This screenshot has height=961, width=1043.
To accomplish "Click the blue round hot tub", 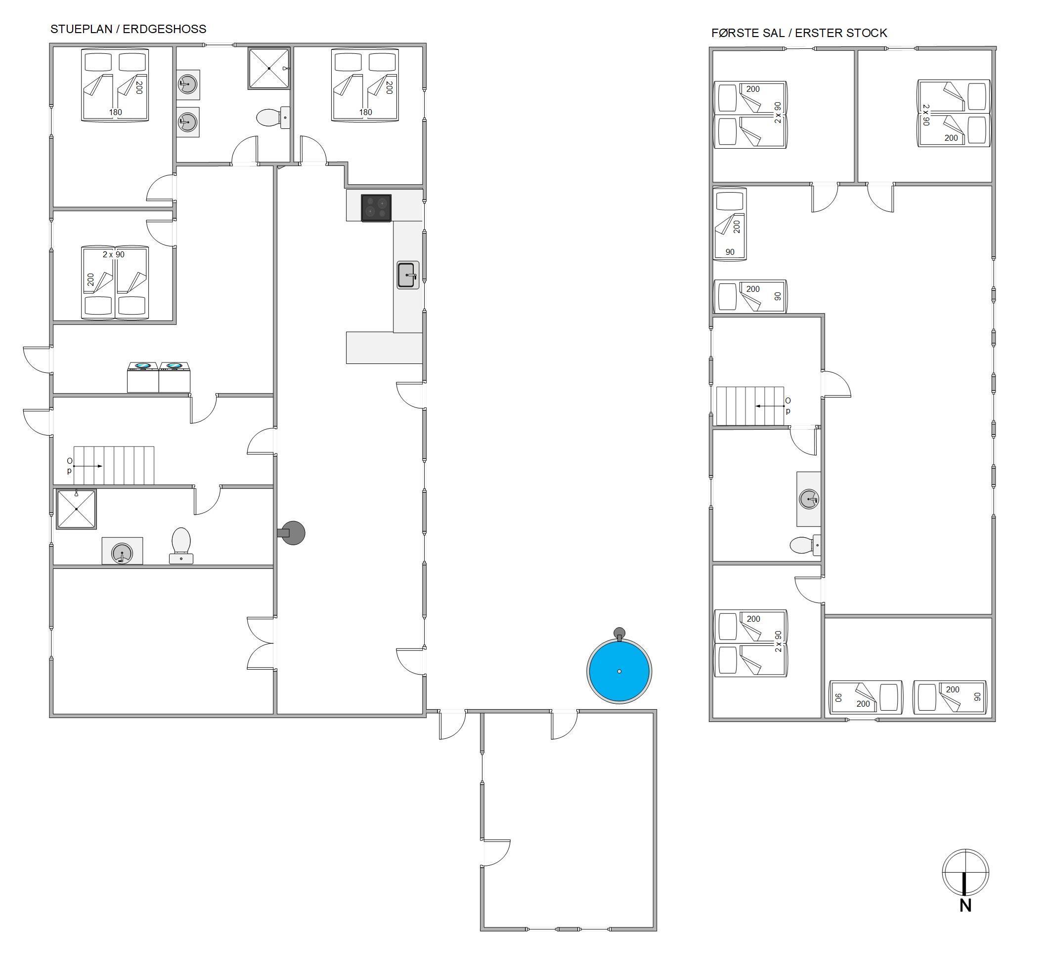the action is coord(619,670).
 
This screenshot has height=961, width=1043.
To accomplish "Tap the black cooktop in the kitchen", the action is coord(376,208).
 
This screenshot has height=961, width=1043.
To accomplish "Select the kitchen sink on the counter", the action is coord(408,275).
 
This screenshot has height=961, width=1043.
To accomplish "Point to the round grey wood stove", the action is coord(292,532).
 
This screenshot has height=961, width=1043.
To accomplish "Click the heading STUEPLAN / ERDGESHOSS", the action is coord(128,29).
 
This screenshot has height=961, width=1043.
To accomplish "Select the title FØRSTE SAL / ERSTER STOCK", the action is coord(799,33).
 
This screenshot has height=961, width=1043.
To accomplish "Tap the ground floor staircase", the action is coord(114,465).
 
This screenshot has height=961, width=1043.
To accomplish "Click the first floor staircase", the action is coord(750,405).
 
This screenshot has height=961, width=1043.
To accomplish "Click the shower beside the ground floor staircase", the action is coord(76,509).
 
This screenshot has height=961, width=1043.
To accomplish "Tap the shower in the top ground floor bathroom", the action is coord(268,68).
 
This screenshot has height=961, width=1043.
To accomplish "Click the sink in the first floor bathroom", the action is coord(809,499).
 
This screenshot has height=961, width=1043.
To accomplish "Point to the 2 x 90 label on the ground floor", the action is coord(114,255).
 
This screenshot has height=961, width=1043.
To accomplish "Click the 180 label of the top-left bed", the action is coord(115,112).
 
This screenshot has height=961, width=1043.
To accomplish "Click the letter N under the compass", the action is coord(965,905).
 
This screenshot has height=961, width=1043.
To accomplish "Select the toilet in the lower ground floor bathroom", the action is coord(181,546).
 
